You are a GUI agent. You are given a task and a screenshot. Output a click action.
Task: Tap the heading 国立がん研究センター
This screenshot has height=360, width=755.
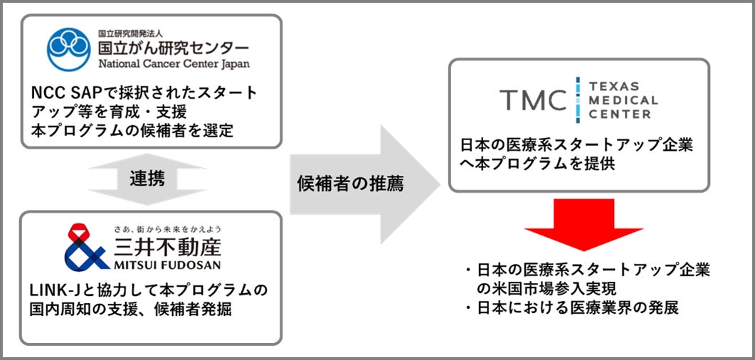click(174, 48)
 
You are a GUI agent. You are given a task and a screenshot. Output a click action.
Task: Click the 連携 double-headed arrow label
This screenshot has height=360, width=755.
click(147, 179)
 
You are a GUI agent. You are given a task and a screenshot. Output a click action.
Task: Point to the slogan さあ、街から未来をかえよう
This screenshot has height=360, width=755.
click(168, 229)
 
